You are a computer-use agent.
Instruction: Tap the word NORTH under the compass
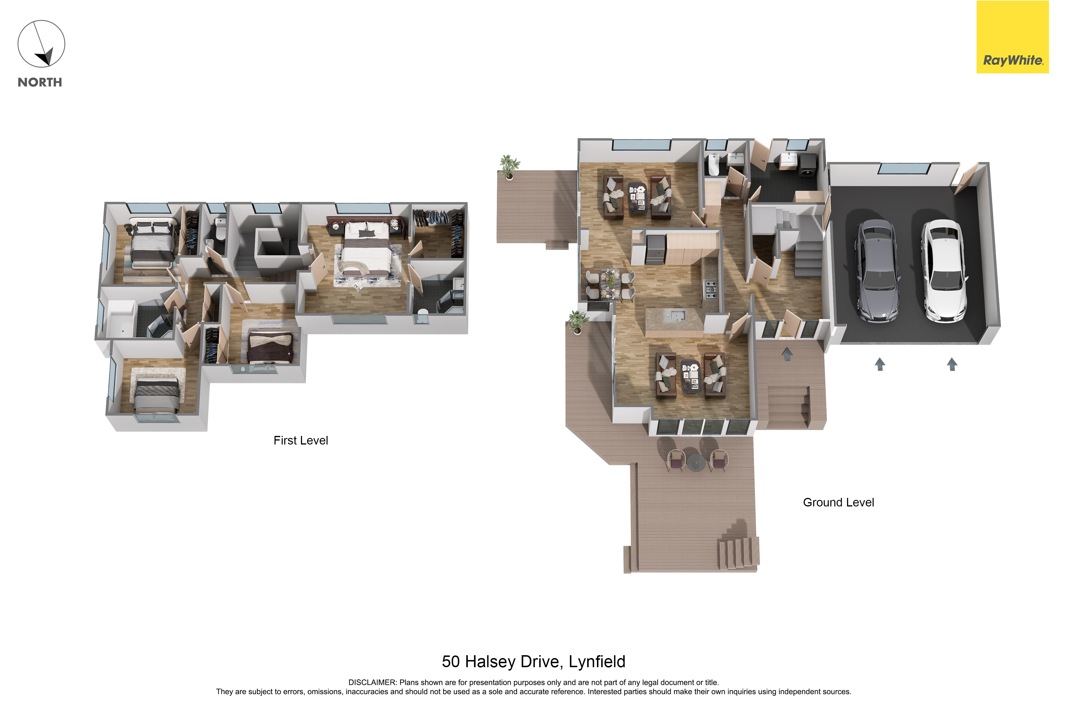click(x=40, y=82)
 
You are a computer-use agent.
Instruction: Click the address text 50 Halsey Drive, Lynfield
click(x=533, y=661)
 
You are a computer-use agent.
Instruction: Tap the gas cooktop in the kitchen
click(x=710, y=290)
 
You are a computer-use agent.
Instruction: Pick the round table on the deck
click(x=696, y=462)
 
